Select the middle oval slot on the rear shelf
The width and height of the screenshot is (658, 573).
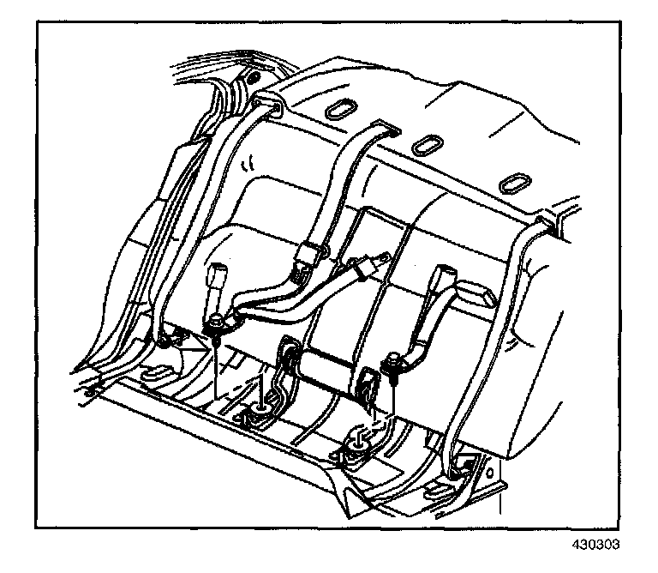click(424, 147)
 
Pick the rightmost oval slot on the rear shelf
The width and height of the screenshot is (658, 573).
click(514, 184)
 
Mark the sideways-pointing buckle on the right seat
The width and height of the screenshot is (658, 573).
click(478, 296)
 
